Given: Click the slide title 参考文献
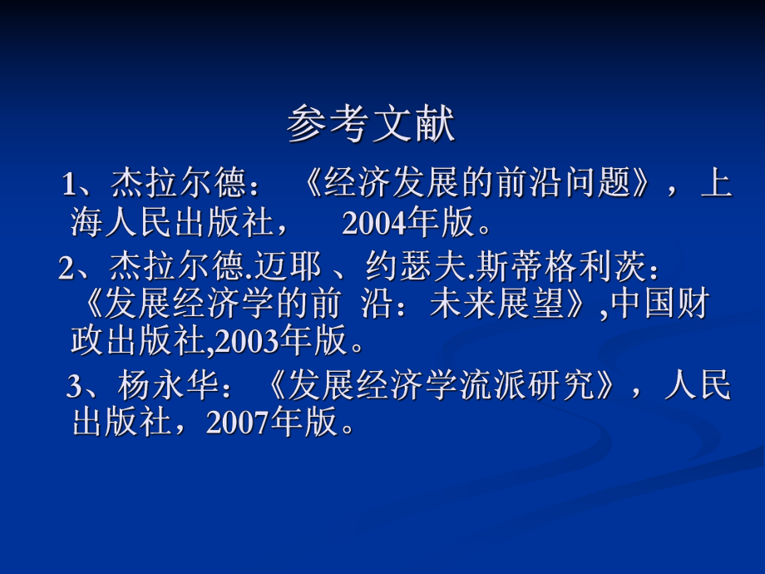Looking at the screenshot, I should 372,126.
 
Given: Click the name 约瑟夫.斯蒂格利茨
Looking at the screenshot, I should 506,268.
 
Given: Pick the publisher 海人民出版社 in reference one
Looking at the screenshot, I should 172,223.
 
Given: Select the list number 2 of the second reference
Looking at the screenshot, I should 67,268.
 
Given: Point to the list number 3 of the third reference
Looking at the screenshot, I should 74,387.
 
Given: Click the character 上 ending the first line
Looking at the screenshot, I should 716,183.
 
